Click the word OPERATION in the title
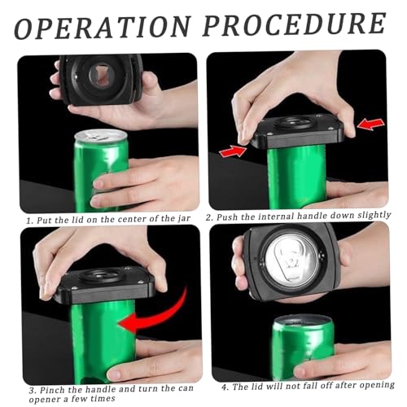tap(103, 27)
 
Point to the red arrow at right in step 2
tap(370, 124)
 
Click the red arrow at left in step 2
tap(233, 151)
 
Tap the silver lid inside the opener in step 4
tap(291, 260)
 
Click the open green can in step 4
tap(303, 348)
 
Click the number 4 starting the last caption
tap(225, 387)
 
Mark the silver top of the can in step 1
tap(100, 136)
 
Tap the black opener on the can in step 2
tap(297, 132)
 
